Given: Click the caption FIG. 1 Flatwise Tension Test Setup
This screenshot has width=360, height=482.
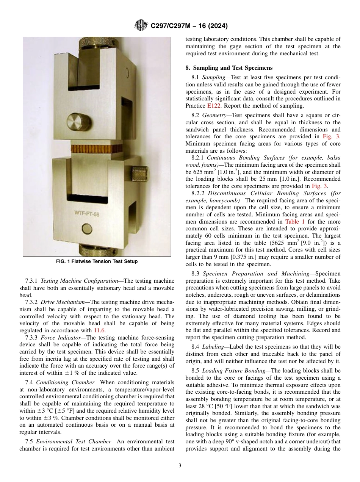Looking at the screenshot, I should (97, 261).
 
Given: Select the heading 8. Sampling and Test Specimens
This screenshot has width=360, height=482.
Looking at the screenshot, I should (229, 68).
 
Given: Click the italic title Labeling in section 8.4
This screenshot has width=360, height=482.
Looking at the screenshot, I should (213, 347).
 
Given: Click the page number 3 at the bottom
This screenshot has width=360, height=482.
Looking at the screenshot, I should (180, 465).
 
